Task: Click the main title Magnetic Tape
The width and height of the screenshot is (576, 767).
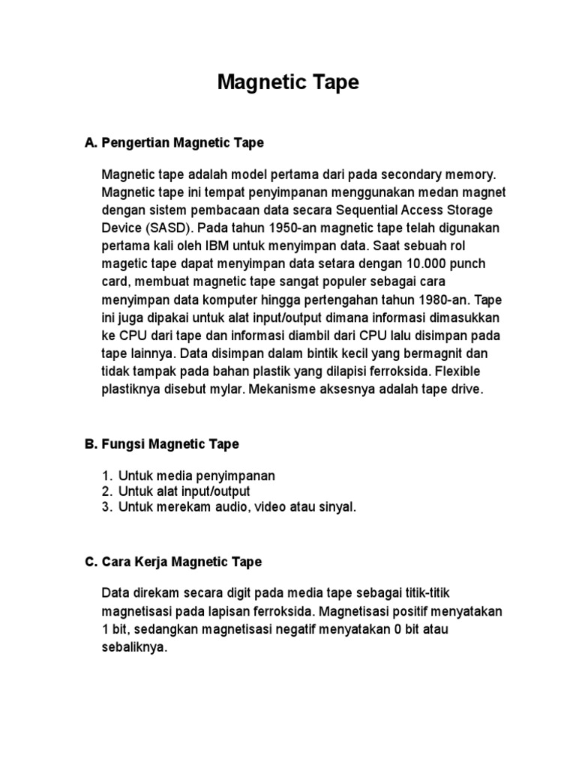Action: [288, 83]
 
